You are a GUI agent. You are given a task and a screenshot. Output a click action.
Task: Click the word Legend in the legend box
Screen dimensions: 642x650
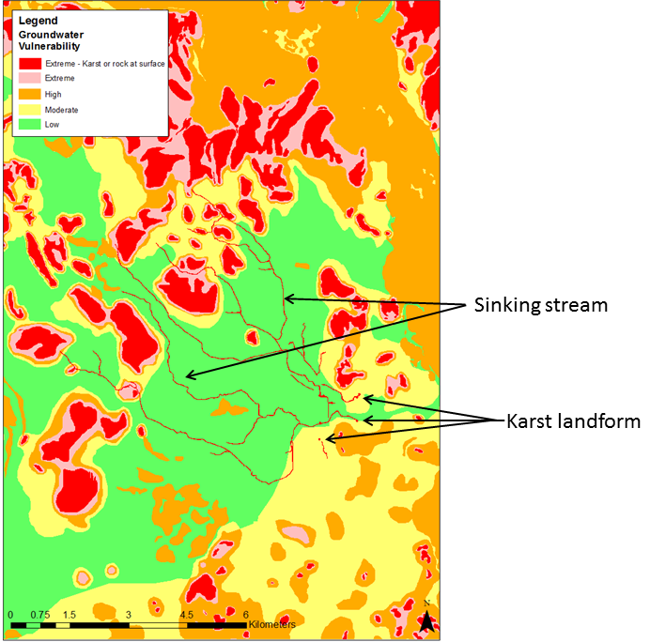coord(36,20)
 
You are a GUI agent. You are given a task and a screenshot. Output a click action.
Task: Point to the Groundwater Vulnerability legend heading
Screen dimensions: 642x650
coord(49,39)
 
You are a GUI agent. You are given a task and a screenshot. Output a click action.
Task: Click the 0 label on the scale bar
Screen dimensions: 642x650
coord(10,615)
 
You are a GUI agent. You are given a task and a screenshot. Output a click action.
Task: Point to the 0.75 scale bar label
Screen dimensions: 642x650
coord(38,615)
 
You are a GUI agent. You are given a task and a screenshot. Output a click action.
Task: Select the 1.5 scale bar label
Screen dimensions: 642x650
coord(68,615)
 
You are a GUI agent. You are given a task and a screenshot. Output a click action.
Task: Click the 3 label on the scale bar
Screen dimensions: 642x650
coord(127,615)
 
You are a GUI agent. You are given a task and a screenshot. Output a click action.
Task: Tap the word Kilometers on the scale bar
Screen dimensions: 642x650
coord(272,624)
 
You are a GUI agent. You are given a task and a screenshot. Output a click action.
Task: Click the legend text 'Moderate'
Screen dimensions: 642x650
coord(61,110)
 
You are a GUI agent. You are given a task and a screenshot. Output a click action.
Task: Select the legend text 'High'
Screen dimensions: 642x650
coord(53,94)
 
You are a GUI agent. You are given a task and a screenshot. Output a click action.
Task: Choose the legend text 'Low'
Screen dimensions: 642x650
coord(52,124)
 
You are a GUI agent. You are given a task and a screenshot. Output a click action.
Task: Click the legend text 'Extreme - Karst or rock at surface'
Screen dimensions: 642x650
coord(103,63)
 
